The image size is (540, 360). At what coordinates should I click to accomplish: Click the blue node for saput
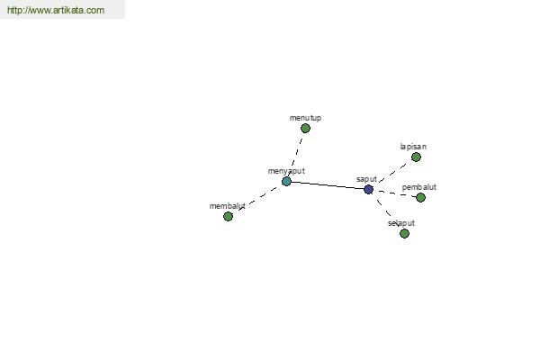(368, 189)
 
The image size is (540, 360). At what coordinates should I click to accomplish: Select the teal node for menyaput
(286, 181)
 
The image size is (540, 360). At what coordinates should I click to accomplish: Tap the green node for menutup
(305, 128)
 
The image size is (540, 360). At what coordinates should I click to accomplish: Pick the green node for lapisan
(416, 157)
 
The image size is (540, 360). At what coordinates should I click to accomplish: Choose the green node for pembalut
(420, 197)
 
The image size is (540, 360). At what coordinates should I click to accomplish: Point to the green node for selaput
(404, 234)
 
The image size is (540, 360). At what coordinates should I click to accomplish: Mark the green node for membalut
(228, 216)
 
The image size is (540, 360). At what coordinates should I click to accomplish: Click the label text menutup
(305, 118)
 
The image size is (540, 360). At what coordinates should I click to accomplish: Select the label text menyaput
(286, 171)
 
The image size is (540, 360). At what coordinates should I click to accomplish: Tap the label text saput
(366, 179)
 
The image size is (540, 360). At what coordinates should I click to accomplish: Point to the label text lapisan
(413, 147)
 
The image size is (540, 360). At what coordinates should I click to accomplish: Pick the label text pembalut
(419, 187)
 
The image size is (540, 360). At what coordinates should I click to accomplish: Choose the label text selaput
(401, 223)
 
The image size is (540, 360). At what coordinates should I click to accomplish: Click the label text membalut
(228, 206)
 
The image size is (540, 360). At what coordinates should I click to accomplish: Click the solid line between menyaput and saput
(328, 185)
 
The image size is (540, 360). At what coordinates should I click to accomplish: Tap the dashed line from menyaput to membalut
(257, 199)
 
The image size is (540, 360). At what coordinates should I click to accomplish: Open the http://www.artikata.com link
(56, 10)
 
